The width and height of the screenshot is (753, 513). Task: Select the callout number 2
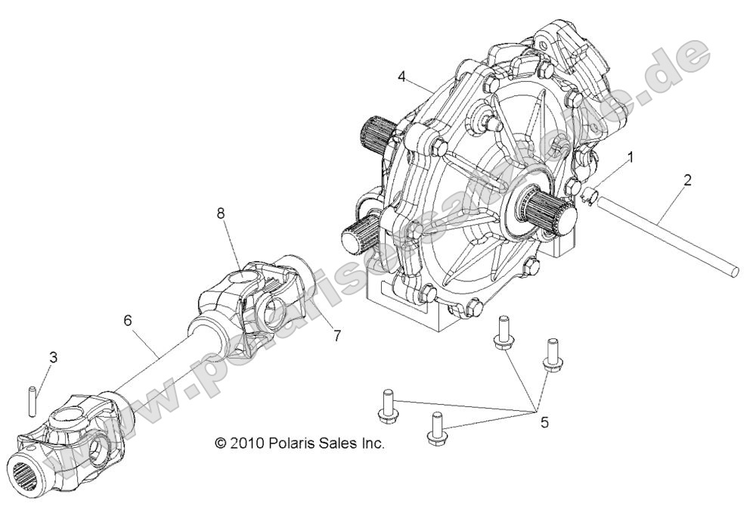click(687, 182)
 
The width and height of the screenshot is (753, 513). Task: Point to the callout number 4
click(402, 77)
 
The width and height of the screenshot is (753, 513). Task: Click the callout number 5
click(544, 422)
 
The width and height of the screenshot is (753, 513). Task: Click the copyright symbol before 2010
click(220, 443)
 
